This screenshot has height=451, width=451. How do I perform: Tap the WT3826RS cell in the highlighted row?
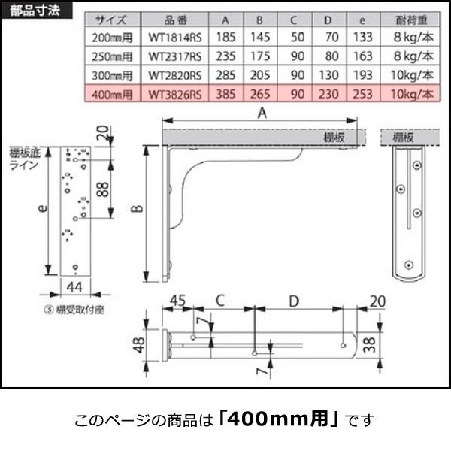(x=174, y=94)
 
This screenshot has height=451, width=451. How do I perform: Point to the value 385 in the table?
(x=227, y=94)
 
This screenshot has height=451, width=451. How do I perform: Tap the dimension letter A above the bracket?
(x=261, y=113)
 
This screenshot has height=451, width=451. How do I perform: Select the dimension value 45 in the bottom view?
(x=177, y=301)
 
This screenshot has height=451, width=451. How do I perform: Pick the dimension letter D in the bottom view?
(x=295, y=301)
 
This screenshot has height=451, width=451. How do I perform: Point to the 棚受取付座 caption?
(x=76, y=309)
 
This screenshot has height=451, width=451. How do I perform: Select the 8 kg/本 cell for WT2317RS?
(x=413, y=56)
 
